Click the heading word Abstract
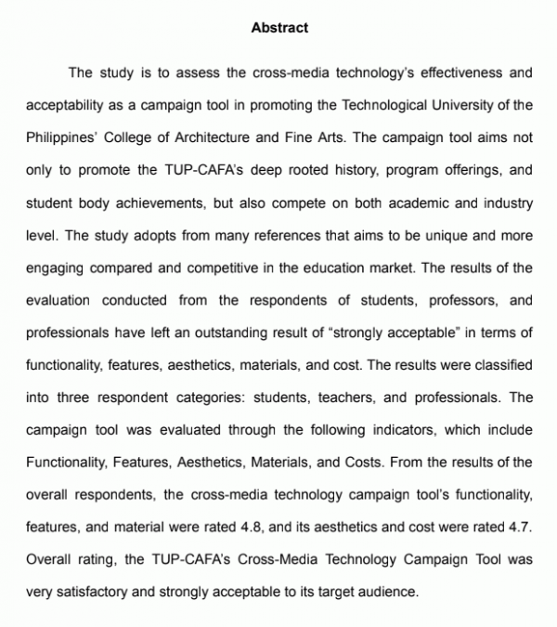(279, 28)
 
